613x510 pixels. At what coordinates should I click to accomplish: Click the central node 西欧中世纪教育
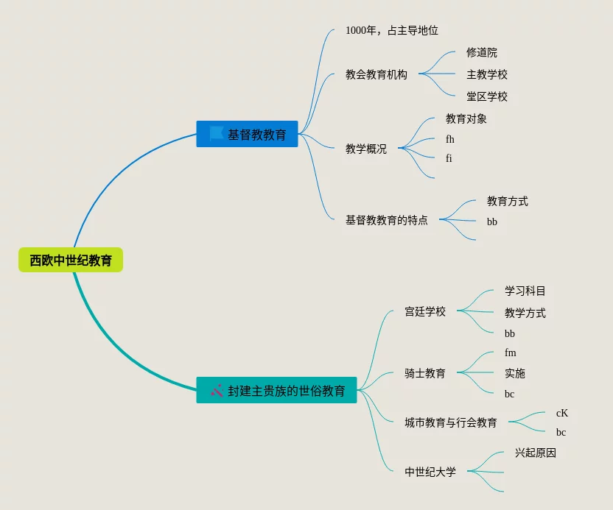(71, 260)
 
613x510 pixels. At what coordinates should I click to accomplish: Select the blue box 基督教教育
(247, 134)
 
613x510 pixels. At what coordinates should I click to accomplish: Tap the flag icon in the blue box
(216, 133)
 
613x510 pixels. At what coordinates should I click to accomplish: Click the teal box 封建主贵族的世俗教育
(276, 390)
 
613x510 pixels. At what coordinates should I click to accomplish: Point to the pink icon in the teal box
(217, 390)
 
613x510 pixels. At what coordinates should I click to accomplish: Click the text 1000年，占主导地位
(392, 30)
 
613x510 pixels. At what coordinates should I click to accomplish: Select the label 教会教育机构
(376, 74)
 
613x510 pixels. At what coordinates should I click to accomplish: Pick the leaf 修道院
(482, 52)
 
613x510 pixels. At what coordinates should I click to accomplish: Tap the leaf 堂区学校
(487, 96)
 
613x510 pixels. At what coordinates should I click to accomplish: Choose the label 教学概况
(366, 149)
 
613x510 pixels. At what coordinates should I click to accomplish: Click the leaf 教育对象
(466, 118)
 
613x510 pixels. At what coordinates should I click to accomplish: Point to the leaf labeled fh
(450, 139)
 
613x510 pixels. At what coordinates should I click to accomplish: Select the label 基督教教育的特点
(387, 220)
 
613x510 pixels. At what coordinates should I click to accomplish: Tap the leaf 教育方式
(508, 201)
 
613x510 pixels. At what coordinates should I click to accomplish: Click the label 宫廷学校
(425, 311)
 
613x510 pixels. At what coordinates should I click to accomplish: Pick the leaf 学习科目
(525, 291)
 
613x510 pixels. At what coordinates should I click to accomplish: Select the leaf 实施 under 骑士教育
(515, 373)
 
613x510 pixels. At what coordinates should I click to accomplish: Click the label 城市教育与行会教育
(451, 422)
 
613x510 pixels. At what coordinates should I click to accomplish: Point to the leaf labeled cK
(561, 413)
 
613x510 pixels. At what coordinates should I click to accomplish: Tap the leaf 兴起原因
(536, 453)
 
